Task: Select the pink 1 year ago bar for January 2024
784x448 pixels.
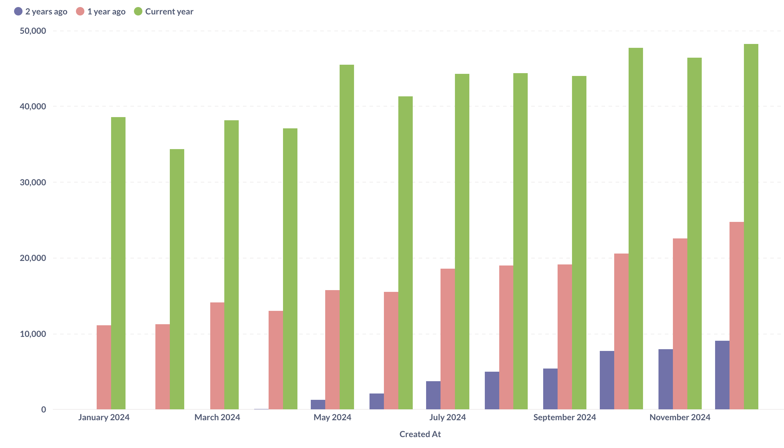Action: pyautogui.click(x=104, y=367)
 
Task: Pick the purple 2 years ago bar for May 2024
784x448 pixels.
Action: pyautogui.click(x=318, y=404)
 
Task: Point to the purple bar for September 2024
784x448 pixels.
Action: pyautogui.click(x=550, y=389)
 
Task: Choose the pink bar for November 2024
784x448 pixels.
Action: pyautogui.click(x=680, y=324)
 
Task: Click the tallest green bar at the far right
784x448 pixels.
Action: pyautogui.click(x=751, y=226)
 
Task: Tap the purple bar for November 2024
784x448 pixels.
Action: pyautogui.click(x=666, y=379)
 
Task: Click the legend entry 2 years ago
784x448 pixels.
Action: pyautogui.click(x=41, y=12)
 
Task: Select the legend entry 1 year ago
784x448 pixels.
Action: pyautogui.click(x=101, y=12)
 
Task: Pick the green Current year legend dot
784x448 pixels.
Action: pyautogui.click(x=138, y=12)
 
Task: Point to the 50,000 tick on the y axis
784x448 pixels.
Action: pyautogui.click(x=33, y=31)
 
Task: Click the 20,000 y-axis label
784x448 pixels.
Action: pyautogui.click(x=33, y=258)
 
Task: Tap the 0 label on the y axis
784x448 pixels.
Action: pyautogui.click(x=44, y=410)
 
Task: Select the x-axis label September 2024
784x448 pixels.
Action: pyautogui.click(x=564, y=417)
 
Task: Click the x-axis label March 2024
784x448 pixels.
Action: pyautogui.click(x=217, y=417)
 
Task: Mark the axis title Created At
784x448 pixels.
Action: pyautogui.click(x=420, y=434)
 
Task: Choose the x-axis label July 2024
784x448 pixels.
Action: pyautogui.click(x=447, y=417)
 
